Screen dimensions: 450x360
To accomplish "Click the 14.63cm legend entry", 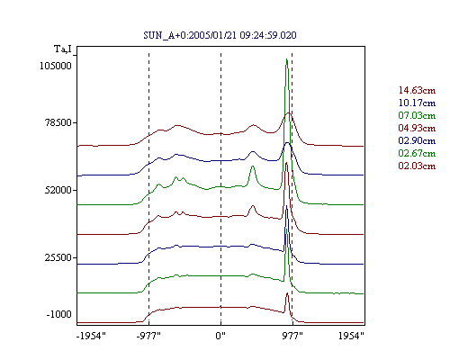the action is (x=417, y=90).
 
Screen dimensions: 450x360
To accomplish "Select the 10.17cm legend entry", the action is (x=417, y=103).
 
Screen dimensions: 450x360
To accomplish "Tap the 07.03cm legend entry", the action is (x=417, y=115).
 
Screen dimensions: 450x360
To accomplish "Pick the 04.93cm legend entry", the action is (x=417, y=128).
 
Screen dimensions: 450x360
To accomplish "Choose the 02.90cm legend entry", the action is (x=417, y=140).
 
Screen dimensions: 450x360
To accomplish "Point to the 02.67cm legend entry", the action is (x=417, y=153).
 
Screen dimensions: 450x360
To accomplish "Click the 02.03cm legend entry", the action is (x=417, y=166).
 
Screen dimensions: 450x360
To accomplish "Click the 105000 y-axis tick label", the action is (x=56, y=66).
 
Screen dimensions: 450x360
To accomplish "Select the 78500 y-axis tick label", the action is (x=58, y=122).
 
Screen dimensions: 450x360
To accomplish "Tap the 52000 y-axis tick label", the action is (x=58, y=190).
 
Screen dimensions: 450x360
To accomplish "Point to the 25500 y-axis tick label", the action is (x=58, y=257).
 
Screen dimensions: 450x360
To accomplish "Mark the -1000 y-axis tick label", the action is (x=58, y=314).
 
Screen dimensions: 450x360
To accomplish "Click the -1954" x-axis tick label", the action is (x=91, y=336).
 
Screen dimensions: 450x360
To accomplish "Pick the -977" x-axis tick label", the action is (x=148, y=336).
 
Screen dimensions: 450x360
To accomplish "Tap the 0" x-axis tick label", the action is (x=220, y=336).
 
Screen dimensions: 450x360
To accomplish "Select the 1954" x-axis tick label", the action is (x=351, y=336).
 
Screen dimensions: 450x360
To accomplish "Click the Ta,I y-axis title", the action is (x=63, y=49).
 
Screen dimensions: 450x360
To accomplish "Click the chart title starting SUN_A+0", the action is (x=220, y=35).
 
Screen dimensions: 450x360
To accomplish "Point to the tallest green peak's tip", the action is (x=287, y=58).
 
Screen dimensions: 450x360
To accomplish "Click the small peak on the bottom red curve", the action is (x=287, y=293).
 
